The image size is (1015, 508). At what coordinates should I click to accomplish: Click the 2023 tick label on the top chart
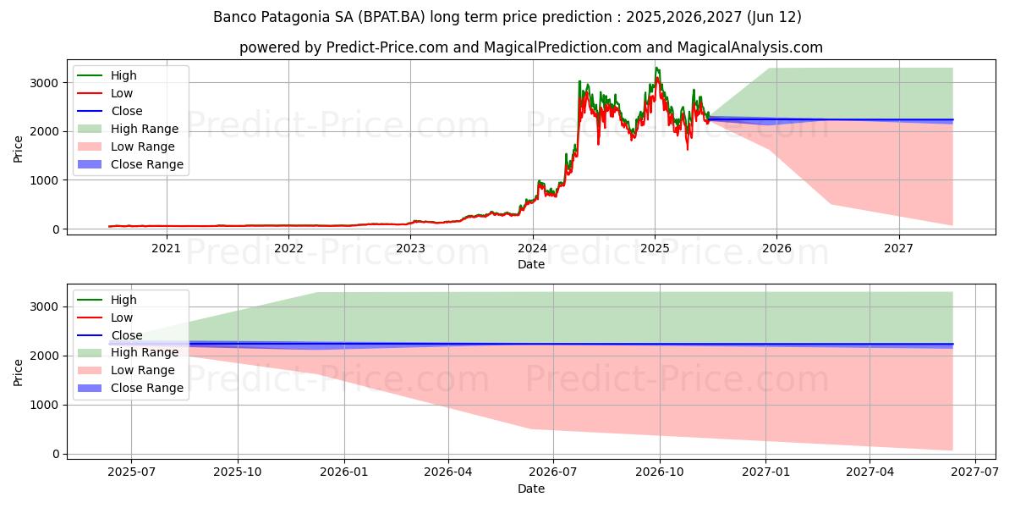410,248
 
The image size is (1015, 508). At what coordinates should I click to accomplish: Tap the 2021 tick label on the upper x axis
166,248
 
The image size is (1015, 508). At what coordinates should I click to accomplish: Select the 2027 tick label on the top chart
898,248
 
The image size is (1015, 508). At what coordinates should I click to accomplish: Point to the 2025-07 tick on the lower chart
131,472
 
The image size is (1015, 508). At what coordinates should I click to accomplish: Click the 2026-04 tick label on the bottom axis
447,472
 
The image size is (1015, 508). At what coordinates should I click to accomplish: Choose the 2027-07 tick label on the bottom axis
975,472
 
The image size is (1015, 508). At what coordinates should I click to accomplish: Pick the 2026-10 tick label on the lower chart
659,472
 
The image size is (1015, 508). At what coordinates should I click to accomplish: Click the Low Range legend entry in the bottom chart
143,370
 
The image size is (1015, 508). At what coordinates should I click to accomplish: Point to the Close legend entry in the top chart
127,111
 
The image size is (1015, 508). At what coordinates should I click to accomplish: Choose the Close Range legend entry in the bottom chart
147,388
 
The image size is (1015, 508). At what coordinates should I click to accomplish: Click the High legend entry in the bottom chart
123,300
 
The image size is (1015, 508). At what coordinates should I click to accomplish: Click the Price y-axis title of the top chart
19,148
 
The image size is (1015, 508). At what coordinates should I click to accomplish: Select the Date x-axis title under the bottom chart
531,489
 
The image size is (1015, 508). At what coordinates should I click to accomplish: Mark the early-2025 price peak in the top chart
656,68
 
